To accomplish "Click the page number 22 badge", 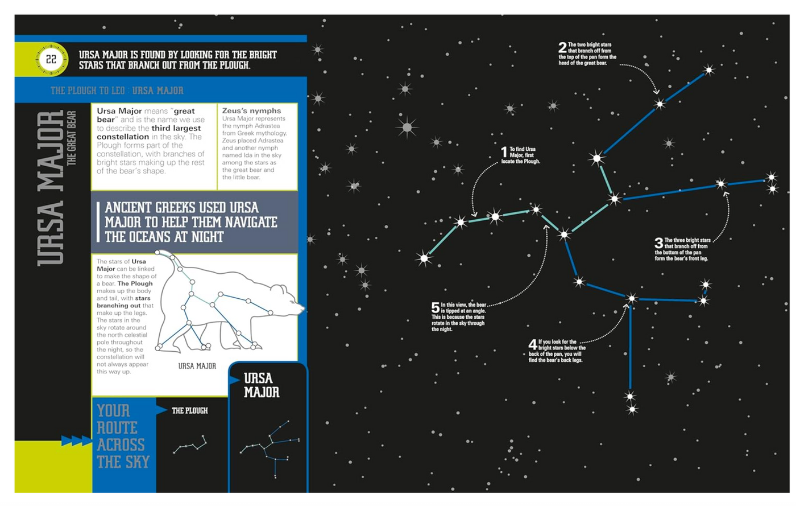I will point(51,59).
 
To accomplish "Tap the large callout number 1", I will point(504,151).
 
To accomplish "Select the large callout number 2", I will point(562,47).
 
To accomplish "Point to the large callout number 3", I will point(658,243).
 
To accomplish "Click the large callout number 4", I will point(532,344).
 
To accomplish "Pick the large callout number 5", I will point(435,307).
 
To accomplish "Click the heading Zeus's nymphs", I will point(251,110).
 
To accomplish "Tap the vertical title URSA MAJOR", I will point(51,188).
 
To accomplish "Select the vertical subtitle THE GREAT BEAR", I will point(72,138).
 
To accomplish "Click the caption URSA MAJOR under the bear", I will point(197,366).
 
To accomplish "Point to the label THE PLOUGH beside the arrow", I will point(190,410).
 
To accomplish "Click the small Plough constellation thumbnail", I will point(190,445).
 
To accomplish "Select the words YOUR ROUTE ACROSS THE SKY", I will point(123,436).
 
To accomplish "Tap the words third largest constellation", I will point(148,133).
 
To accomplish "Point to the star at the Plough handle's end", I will point(424,259).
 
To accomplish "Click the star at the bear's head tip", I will point(708,71).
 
